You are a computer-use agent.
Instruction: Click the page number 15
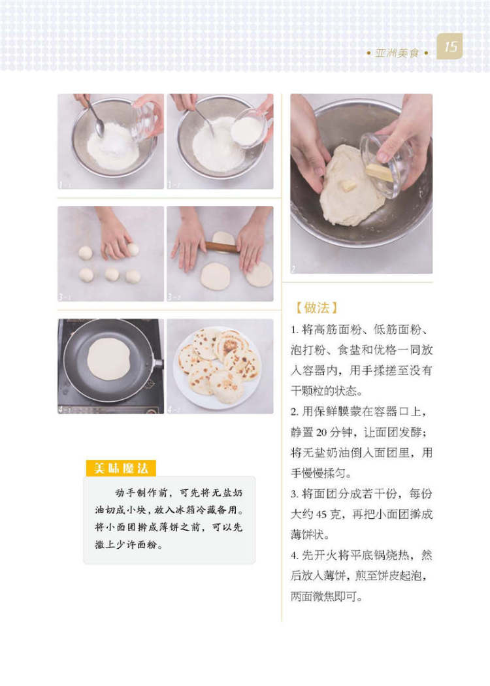pyautogui.click(x=450, y=46)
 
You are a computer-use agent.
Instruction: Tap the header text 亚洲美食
pyautogui.click(x=397, y=54)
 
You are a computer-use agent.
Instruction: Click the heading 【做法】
pyautogui.click(x=316, y=308)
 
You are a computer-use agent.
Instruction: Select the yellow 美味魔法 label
pyautogui.click(x=121, y=468)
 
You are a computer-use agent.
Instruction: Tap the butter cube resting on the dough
pyautogui.click(x=348, y=185)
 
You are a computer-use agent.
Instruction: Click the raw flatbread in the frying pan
pyautogui.click(x=108, y=358)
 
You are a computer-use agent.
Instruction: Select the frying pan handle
pyautogui.click(x=157, y=363)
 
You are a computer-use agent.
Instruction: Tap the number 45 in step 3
pyautogui.click(x=321, y=514)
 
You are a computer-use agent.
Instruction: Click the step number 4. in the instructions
pyautogui.click(x=295, y=555)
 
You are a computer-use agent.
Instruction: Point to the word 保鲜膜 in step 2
pyautogui.click(x=329, y=412)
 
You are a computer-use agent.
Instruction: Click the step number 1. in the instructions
pyautogui.click(x=295, y=330)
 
